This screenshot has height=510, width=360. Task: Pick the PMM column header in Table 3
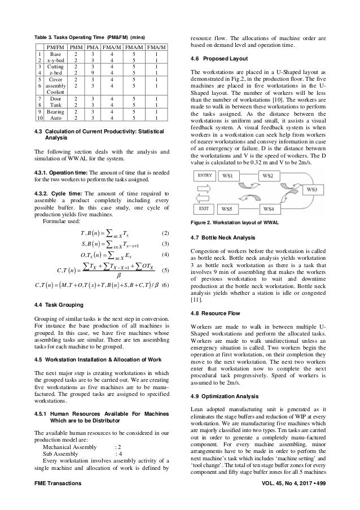tap(74, 41)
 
